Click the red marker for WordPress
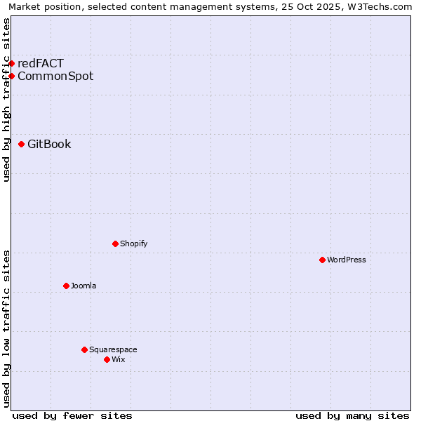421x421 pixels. (322, 260)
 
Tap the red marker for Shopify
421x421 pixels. (115, 243)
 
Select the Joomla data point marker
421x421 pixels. (66, 286)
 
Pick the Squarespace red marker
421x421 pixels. (84, 349)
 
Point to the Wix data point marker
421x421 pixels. (107, 359)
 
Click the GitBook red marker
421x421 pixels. (21, 144)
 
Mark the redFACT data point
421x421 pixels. (11, 63)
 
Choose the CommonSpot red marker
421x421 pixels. (11, 76)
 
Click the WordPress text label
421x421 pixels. (347, 260)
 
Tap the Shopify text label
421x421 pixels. (134, 243)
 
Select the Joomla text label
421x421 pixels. (83, 286)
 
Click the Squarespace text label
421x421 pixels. (113, 349)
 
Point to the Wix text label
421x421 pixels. (119, 359)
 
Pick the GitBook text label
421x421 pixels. (49, 144)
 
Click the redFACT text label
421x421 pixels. (41, 63)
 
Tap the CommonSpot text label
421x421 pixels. (55, 76)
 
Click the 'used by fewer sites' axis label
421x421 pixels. (72, 415)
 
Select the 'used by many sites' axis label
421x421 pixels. (352, 415)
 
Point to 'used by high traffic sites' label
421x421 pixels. (6, 100)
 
